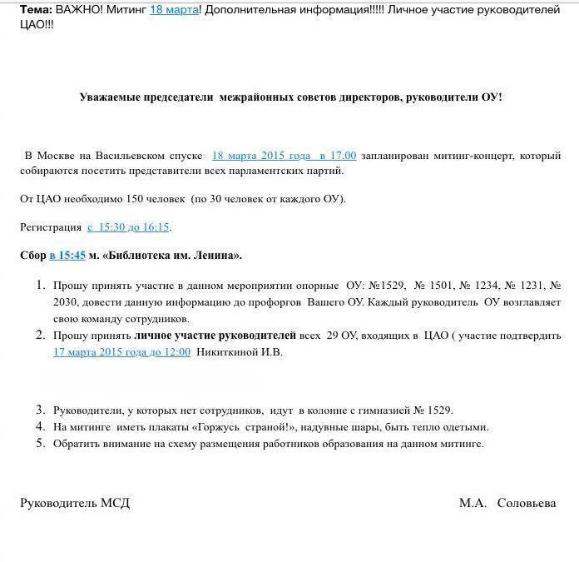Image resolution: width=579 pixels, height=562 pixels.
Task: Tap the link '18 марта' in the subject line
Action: [x=174, y=9]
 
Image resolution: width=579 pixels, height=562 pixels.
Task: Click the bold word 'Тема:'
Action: [x=37, y=9]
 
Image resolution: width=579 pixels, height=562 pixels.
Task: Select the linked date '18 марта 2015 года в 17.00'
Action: [x=284, y=156]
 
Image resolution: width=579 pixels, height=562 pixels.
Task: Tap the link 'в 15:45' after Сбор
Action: [x=67, y=255]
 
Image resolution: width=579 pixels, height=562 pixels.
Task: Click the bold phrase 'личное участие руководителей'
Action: [x=215, y=336]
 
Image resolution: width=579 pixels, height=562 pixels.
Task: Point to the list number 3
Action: [x=39, y=410]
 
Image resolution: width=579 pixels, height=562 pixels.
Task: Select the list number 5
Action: [x=39, y=443]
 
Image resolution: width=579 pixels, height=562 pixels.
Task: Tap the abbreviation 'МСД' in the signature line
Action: [x=115, y=503]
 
